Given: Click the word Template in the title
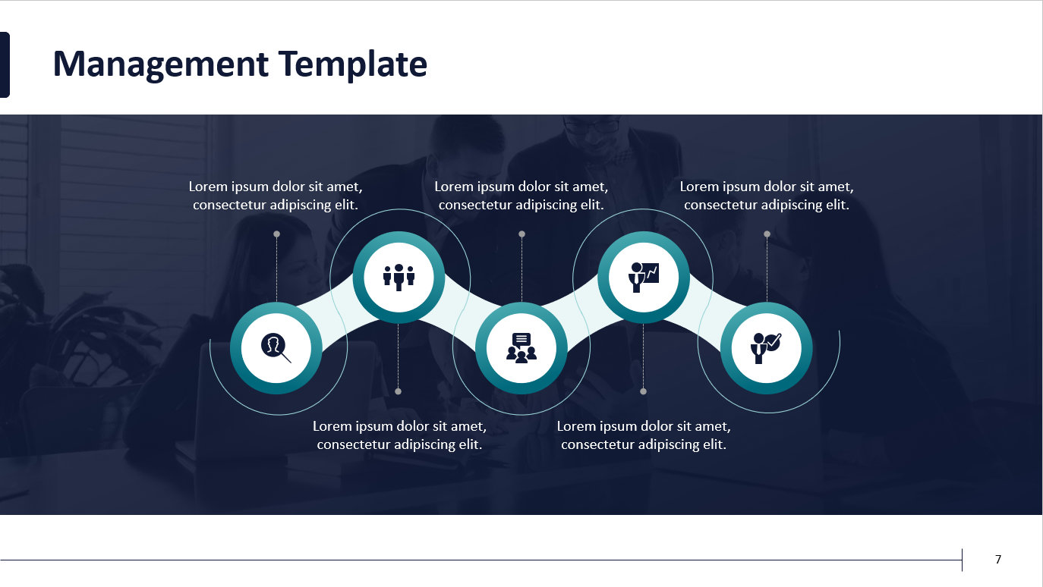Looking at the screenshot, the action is click(353, 64).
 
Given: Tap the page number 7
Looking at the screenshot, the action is click(998, 560).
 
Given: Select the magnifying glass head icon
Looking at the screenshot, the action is click(276, 347).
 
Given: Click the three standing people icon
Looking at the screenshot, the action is click(399, 277).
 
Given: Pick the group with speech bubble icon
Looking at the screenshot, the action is click(521, 347).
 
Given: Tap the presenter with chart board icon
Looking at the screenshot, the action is click(644, 277).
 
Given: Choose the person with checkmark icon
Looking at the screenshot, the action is click(766, 347).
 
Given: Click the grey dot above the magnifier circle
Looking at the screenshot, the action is click(276, 234).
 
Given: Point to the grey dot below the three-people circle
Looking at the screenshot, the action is click(399, 391).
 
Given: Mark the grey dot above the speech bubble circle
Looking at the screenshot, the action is click(521, 234).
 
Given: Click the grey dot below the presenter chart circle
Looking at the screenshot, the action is click(644, 391).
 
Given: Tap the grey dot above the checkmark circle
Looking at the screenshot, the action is click(767, 234).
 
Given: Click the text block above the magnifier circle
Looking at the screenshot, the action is click(276, 196).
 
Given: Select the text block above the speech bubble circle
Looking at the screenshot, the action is click(521, 196).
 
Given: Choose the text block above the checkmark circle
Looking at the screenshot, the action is click(767, 196).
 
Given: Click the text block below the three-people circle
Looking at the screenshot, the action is click(399, 435).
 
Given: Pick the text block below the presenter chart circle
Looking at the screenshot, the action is click(644, 435).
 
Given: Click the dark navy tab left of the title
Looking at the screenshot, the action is click(5, 64).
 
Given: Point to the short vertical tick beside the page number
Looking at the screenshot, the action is click(962, 560).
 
